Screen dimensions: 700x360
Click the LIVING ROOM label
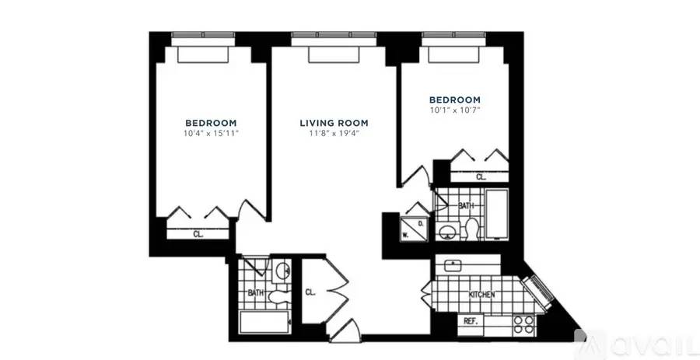pos(334,123)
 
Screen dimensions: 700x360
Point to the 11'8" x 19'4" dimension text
pos(334,134)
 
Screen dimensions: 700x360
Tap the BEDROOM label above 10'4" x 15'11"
pos(211,123)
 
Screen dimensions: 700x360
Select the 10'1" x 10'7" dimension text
pos(454,110)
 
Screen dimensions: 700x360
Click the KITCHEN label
pos(481,295)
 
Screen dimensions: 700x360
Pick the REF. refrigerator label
pos(471,321)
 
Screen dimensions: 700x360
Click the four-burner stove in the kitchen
pos(524,325)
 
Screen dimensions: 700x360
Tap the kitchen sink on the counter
pos(452,265)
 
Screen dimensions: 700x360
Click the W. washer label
pos(406,234)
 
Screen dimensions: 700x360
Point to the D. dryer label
pos(421,222)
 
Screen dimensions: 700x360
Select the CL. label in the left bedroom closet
pos(198,234)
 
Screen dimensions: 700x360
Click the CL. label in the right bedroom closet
pos(481,177)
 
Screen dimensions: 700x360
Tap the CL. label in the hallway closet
pos(310,292)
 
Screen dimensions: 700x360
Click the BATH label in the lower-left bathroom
pos(256,293)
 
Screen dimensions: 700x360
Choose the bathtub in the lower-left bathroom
pos(264,322)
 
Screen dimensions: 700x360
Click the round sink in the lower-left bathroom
pos(282,271)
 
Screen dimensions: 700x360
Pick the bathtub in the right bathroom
pos(497,214)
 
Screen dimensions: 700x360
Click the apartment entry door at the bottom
pos(345,331)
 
